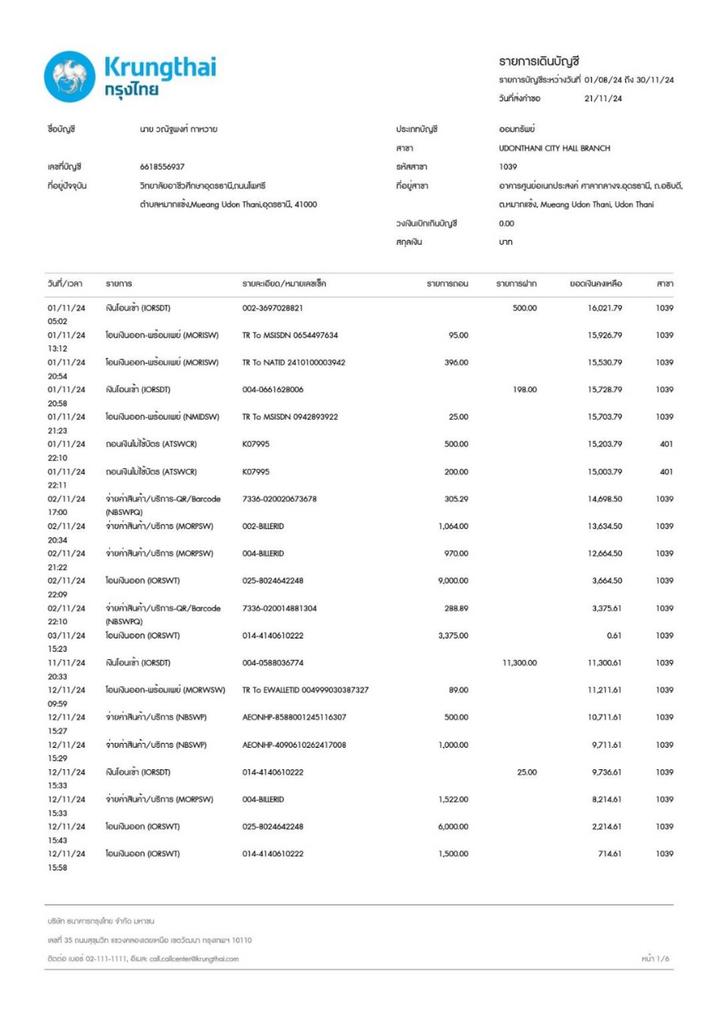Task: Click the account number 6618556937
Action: [x=162, y=167]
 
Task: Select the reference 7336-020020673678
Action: [x=279, y=498]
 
